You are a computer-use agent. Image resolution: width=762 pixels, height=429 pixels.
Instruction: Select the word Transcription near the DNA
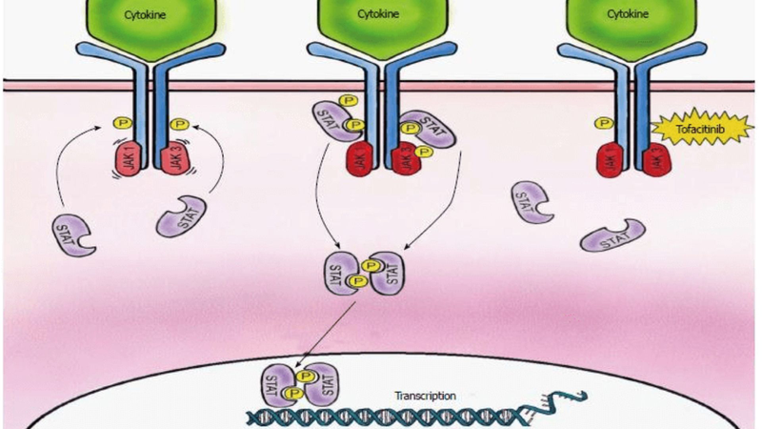click(x=426, y=395)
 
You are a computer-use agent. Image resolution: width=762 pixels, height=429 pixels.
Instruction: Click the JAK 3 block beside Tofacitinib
click(x=657, y=158)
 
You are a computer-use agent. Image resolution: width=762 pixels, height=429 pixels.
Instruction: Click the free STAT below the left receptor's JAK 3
click(x=179, y=216)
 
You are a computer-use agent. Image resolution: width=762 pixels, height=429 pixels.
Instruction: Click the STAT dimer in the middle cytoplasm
click(x=359, y=275)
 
